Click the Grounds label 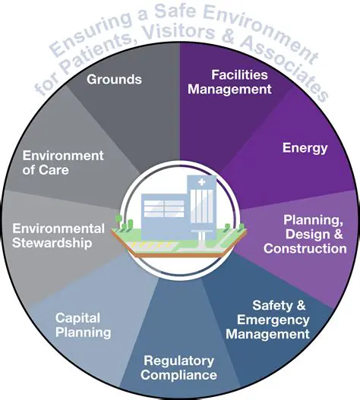[x=114, y=79]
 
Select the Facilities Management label [x=240, y=82]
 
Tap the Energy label [x=305, y=147]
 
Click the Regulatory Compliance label [x=181, y=367]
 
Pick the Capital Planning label [x=83, y=325]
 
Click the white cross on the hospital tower [x=201, y=184]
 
